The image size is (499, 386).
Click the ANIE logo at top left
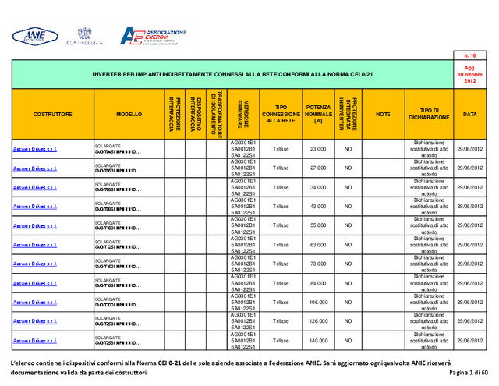pos(34,35)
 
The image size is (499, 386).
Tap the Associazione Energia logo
pos(153,36)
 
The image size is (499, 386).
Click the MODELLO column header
pos(129,114)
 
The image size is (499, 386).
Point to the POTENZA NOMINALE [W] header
pos(318,114)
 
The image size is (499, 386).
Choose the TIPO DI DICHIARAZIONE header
pos(429,114)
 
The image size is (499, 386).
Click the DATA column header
pos(470,114)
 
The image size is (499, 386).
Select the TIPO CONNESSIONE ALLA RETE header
pos(281,114)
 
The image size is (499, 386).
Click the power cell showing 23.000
pos(318,149)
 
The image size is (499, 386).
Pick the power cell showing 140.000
pos(318,341)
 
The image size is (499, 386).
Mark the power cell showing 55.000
pos(318,225)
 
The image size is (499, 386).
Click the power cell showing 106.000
pos(318,303)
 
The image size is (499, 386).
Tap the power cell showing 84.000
pos(318,283)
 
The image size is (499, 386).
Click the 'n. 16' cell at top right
pos(470,55)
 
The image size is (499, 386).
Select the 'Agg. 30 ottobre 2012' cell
pos(470,75)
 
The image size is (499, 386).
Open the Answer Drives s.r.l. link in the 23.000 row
pos(35,149)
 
